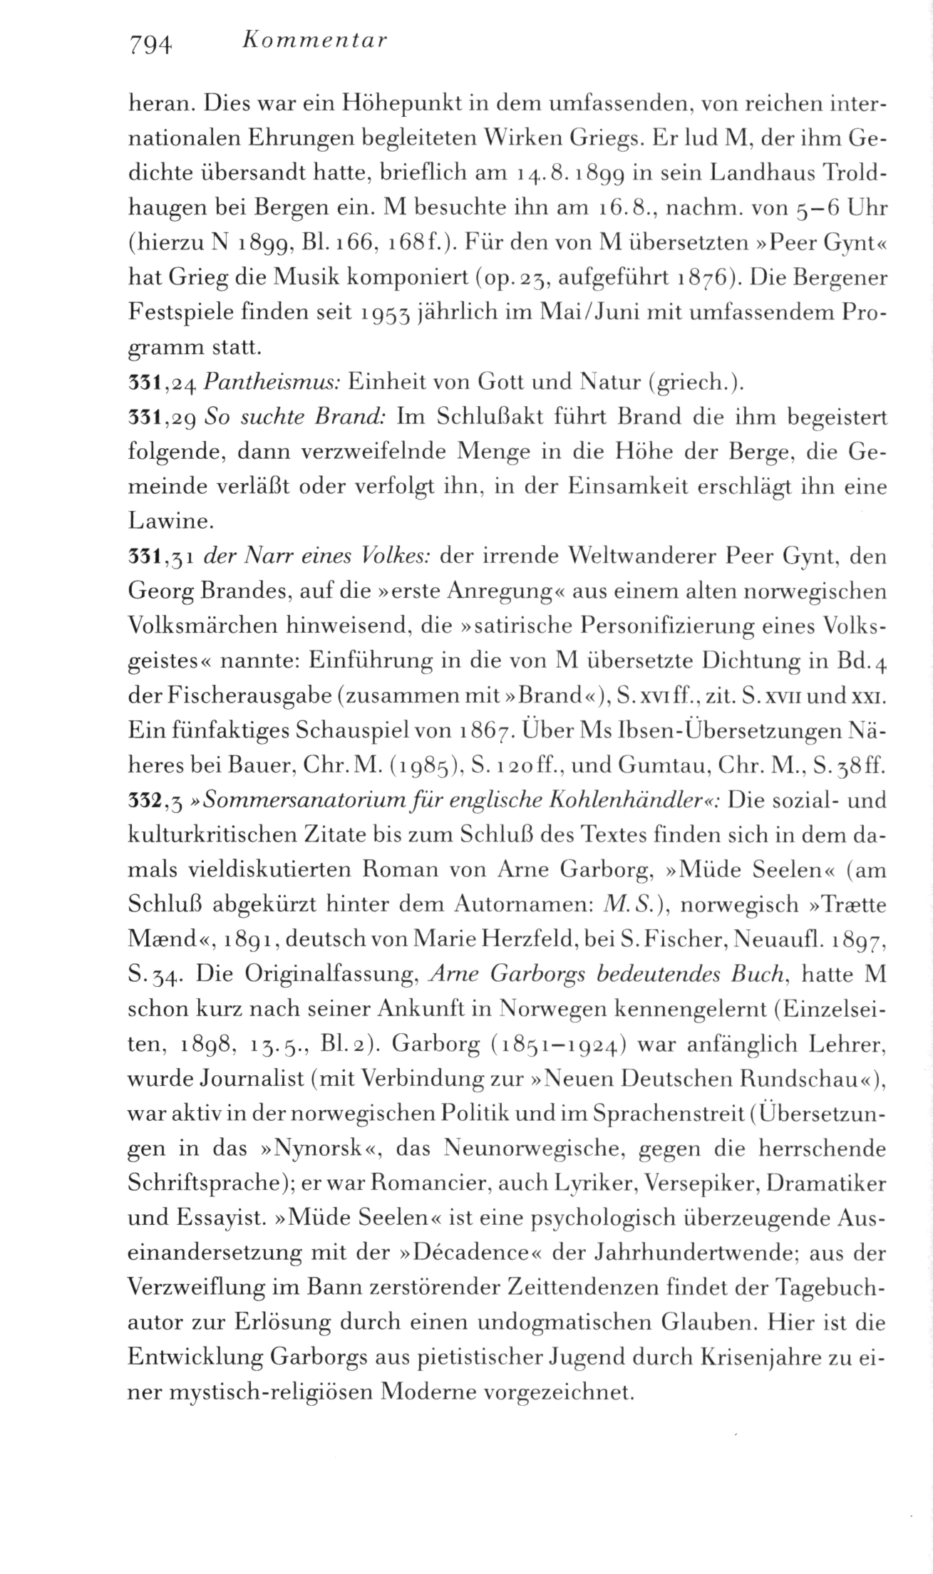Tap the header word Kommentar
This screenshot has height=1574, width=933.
(x=314, y=41)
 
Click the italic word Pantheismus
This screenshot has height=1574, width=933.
(x=272, y=384)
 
